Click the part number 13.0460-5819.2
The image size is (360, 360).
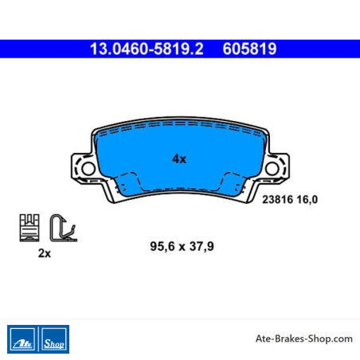pos(147,49)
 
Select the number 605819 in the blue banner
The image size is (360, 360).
pos(249,49)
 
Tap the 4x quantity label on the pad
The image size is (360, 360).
pos(179,159)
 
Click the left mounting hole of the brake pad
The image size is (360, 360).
pos(88,169)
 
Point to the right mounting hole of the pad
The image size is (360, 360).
pos(272,169)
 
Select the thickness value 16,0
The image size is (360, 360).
pos(307,199)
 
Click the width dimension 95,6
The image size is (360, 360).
pos(162,246)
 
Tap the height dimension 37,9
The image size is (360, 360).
pos(202,246)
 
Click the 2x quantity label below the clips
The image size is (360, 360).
pos(45,253)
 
